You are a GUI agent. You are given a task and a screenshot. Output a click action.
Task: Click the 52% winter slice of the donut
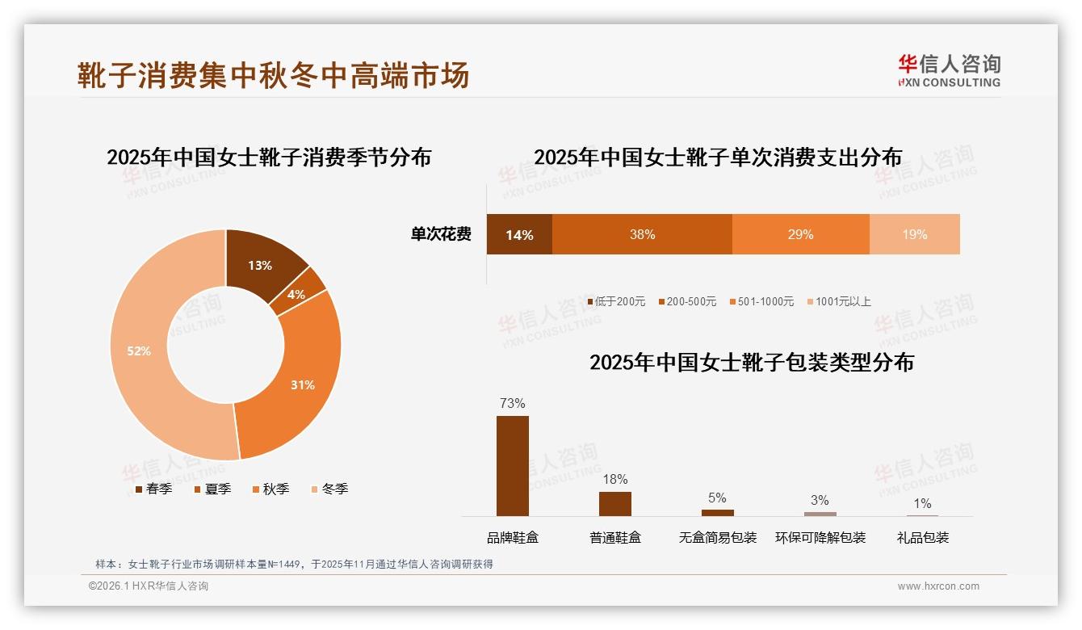(139, 351)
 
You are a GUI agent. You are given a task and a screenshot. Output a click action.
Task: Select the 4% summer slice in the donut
(296, 294)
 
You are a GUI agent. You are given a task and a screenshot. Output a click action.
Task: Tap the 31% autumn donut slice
(303, 384)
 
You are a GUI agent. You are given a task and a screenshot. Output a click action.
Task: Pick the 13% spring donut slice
(260, 265)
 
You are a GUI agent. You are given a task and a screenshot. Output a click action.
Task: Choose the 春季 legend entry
(153, 489)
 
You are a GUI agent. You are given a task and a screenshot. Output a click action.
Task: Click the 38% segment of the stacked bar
(642, 234)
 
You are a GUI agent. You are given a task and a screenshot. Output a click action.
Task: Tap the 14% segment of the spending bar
(519, 234)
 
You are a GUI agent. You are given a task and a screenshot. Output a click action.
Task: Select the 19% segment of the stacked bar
(914, 234)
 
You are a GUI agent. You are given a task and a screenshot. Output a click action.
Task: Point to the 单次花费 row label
(441, 234)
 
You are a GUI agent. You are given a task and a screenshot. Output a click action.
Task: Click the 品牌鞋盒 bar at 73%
(512, 465)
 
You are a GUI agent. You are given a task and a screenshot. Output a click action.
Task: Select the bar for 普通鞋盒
(614, 503)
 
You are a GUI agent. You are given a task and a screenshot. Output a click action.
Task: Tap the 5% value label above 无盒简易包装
(717, 498)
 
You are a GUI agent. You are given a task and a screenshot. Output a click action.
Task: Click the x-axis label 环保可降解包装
(820, 537)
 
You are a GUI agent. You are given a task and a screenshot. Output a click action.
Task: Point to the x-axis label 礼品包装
(922, 537)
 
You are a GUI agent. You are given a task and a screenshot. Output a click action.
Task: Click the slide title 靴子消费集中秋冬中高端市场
(273, 75)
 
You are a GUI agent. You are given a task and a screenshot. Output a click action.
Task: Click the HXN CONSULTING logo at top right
(949, 70)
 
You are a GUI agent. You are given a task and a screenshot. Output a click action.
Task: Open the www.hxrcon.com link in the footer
(938, 586)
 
